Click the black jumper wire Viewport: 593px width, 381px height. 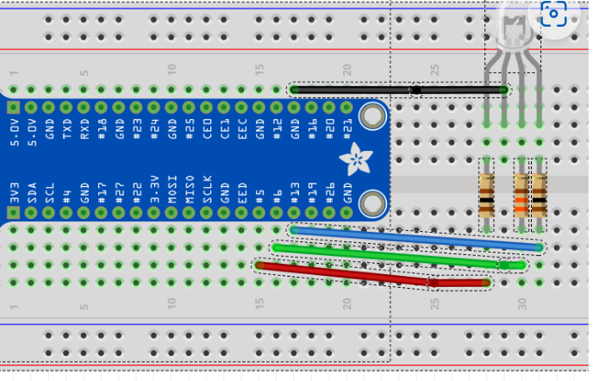coord(362,90)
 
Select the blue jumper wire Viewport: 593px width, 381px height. coord(414,238)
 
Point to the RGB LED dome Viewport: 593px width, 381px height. coord(515,30)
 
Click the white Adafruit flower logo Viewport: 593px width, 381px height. coord(353,159)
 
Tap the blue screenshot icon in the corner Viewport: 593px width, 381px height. coord(553,15)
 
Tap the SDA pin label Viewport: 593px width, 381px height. coord(32,191)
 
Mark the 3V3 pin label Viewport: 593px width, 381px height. coord(14,191)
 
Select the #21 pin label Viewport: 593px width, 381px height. coord(347,131)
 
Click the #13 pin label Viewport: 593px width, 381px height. coord(295,191)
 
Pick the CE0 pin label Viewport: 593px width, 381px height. coord(208,131)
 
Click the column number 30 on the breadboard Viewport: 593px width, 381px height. coord(522,304)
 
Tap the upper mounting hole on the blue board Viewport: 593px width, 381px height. coord(372,116)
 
